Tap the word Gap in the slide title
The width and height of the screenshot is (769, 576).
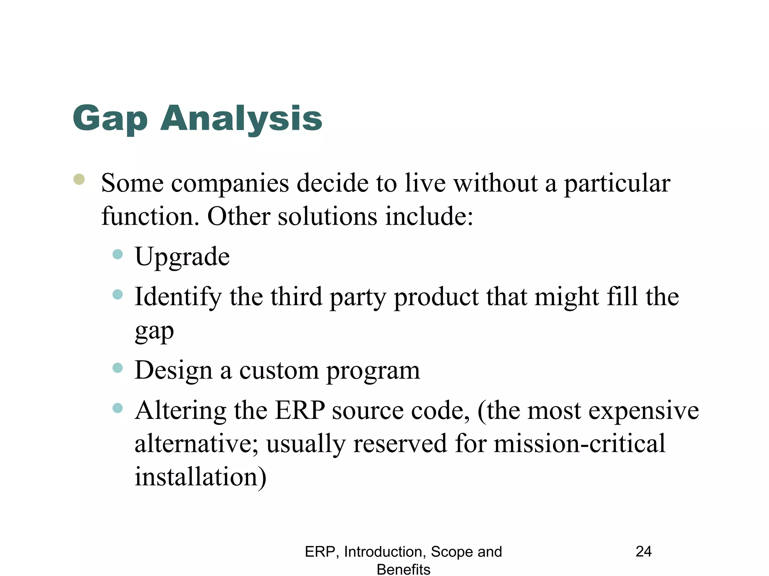tap(110, 119)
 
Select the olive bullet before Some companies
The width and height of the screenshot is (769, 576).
tap(79, 179)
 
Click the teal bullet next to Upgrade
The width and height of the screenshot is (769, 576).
tap(118, 254)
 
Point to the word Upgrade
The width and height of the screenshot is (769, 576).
tap(182, 257)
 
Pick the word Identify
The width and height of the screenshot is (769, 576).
tap(178, 297)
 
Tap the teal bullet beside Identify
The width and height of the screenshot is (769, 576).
tap(118, 294)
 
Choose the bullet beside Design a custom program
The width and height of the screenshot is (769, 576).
tap(118, 367)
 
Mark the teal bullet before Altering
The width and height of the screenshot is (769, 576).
tap(118, 408)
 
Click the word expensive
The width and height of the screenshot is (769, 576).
tap(643, 411)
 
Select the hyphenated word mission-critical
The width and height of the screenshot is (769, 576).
tap(579, 444)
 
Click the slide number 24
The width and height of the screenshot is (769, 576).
tap(644, 551)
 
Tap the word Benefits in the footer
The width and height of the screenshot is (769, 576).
tap(403, 569)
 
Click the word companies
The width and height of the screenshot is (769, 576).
tap(230, 184)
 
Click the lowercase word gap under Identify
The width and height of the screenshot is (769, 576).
tap(154, 331)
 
